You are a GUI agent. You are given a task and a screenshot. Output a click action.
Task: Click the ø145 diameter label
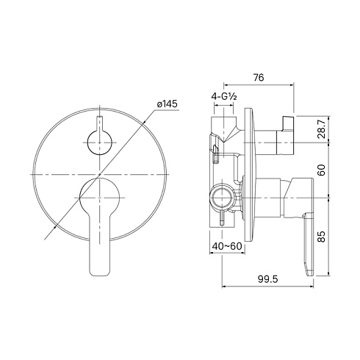point(168,104)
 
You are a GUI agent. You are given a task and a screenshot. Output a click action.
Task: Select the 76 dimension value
point(259,78)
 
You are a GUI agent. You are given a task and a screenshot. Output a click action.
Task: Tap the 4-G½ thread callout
point(224,97)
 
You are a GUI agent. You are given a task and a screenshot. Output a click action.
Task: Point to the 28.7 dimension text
point(322,129)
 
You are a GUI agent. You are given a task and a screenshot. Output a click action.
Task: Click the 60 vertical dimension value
point(322,170)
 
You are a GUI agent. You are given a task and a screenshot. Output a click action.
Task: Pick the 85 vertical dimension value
point(322,237)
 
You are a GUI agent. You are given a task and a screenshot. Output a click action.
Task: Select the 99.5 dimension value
point(268,278)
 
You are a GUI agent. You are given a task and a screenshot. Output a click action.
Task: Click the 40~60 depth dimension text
point(227,246)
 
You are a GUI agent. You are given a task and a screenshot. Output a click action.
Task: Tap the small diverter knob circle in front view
point(100,143)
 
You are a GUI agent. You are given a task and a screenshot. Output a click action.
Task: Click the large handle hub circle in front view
point(100,198)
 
